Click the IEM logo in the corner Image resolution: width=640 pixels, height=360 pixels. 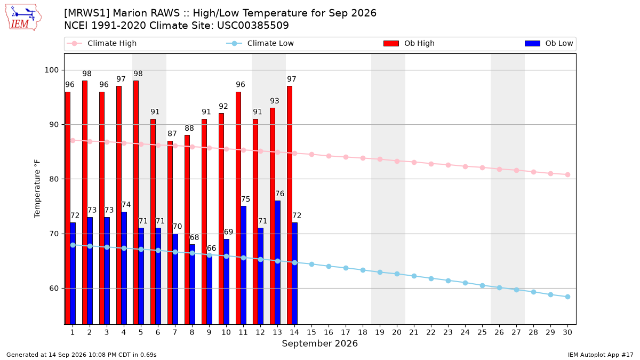pyautogui.click(x=23, y=18)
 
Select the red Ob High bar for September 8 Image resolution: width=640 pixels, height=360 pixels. pyautogui.click(x=187, y=230)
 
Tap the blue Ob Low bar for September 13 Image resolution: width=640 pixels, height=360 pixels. pyautogui.click(x=277, y=262)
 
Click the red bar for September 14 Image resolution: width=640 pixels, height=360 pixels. pyautogui.click(x=290, y=205)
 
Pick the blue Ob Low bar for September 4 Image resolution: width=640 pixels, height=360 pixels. pyautogui.click(x=124, y=268)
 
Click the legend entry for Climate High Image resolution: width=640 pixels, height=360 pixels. pyautogui.click(x=102, y=43)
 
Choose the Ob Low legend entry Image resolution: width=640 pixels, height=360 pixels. pyautogui.click(x=549, y=43)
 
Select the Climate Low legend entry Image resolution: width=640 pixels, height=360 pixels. pyautogui.click(x=260, y=43)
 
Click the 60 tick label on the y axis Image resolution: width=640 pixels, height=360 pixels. pyautogui.click(x=54, y=289)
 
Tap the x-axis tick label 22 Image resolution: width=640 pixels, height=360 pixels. pyautogui.click(x=431, y=332)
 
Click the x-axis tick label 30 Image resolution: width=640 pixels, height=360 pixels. pyautogui.click(x=567, y=332)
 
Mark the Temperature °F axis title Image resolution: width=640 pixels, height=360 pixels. pyautogui.click(x=37, y=189)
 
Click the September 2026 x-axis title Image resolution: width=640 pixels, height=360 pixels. pyautogui.click(x=319, y=343)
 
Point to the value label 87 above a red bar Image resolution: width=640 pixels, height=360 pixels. pyautogui.click(x=172, y=133)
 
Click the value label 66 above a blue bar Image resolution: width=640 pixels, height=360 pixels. pyautogui.click(x=211, y=248)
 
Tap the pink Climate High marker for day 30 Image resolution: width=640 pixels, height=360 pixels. pyautogui.click(x=567, y=174)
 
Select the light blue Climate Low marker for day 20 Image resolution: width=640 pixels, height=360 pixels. pyautogui.click(x=397, y=274)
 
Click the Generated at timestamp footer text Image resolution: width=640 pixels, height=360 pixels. pyautogui.click(x=82, y=355)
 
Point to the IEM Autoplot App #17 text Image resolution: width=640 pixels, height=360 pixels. pyautogui.click(x=601, y=355)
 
